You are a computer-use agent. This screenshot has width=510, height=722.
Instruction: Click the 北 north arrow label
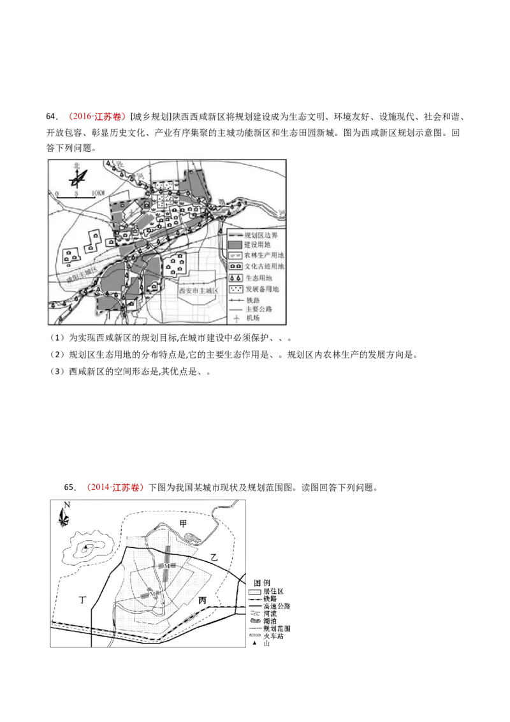pos(76,166)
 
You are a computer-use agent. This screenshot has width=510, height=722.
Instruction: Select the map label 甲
pos(184,523)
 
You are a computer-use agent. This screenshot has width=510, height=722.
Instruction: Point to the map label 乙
pos(214,557)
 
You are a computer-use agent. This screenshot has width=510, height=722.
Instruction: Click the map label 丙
pos(203,600)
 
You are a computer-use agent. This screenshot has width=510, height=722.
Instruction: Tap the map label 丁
pos(82,600)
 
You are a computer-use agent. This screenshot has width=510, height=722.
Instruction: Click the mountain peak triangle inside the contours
pos(85,547)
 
